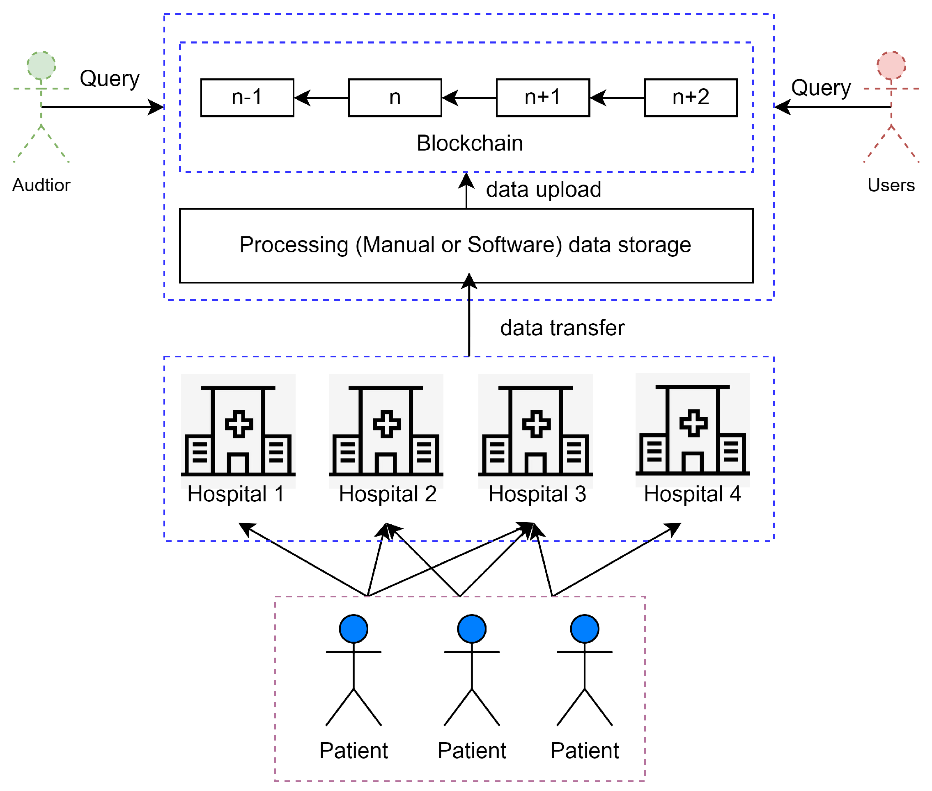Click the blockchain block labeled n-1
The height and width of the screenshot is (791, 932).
(x=247, y=98)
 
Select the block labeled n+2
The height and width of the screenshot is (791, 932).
(x=690, y=98)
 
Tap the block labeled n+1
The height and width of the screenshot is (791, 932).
(x=542, y=98)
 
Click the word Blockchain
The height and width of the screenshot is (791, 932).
(x=469, y=144)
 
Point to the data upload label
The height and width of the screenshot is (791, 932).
(x=543, y=190)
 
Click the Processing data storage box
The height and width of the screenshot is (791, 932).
(x=466, y=245)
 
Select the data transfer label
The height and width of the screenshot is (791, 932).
(x=562, y=328)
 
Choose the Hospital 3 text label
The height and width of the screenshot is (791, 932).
(x=537, y=494)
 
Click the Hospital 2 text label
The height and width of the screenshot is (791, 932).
(x=387, y=494)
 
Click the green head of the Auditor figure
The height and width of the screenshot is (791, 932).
(x=41, y=66)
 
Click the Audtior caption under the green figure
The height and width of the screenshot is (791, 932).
(x=41, y=185)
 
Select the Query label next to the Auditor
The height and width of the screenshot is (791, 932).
(x=110, y=79)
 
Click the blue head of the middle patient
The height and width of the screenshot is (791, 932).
(x=472, y=629)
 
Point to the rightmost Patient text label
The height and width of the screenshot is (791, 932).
(x=584, y=751)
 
